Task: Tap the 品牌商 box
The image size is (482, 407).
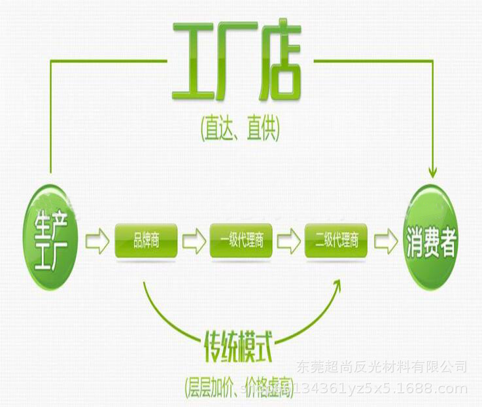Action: [x=146, y=241]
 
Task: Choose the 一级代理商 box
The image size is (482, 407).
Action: [x=241, y=241]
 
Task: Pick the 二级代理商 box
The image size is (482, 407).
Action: [x=336, y=241]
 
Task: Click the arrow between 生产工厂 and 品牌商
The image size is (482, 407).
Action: [x=97, y=241]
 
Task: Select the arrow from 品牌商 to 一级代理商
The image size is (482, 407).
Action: [x=194, y=241]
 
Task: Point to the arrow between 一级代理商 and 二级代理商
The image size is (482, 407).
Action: [x=288, y=241]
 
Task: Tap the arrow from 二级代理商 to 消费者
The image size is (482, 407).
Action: [x=385, y=241]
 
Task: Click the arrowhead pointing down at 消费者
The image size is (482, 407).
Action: [x=432, y=171]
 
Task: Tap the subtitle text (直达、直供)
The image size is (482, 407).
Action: [x=240, y=128]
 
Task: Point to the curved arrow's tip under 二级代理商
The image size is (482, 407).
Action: [x=338, y=282]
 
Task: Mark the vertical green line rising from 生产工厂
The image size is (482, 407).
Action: [x=50, y=118]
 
